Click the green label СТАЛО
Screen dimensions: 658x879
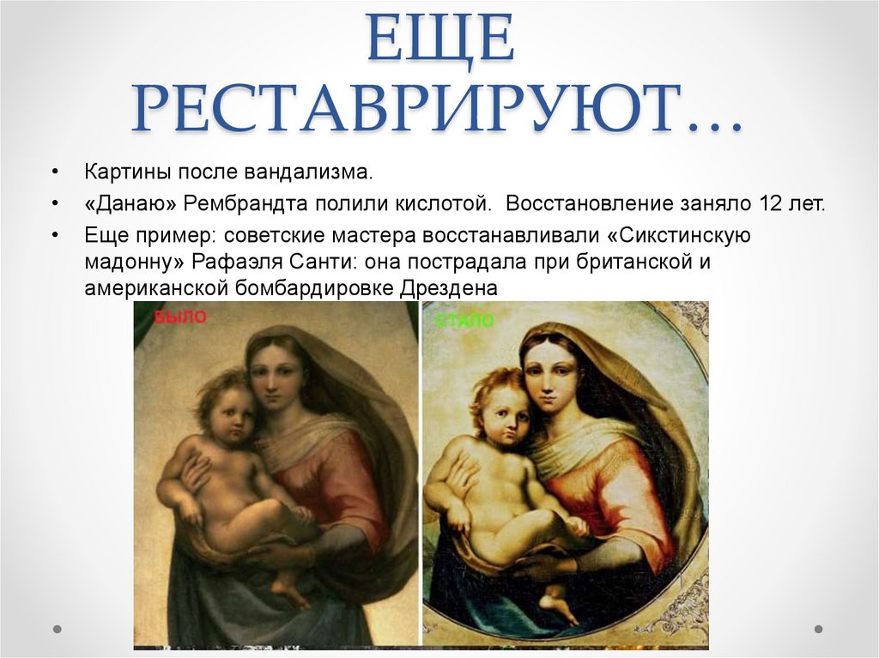coord(464,322)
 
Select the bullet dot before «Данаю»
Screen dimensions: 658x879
coord(56,205)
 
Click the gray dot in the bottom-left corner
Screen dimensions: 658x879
coord(58,629)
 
